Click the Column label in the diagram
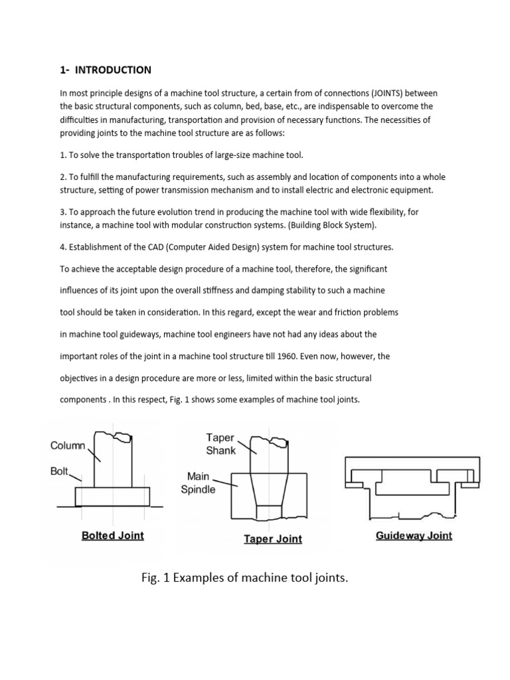click(68, 446)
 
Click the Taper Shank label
click(221, 444)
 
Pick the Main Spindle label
click(199, 483)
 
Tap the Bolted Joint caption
click(112, 535)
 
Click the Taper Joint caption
click(272, 539)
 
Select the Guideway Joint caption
click(414, 535)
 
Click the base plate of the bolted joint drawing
click(112, 496)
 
